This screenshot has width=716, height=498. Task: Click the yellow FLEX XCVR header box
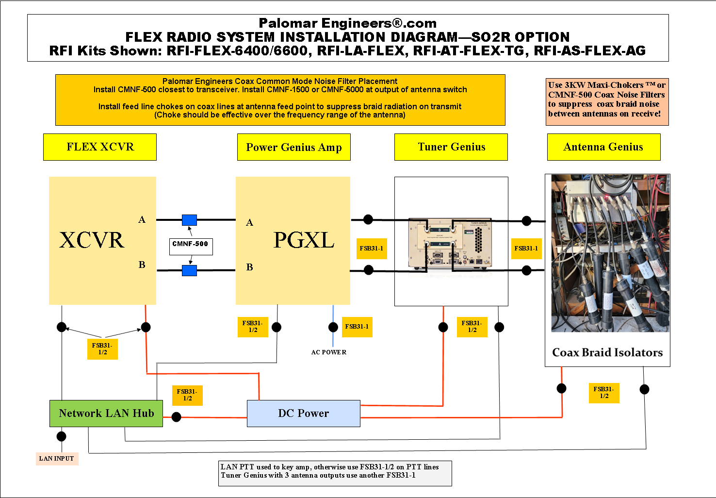click(x=100, y=147)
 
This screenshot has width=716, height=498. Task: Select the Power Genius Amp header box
click(x=293, y=147)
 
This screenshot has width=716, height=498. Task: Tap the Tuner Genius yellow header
click(x=451, y=147)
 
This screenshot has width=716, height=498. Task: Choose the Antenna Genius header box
click(x=603, y=147)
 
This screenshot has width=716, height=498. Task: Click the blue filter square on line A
click(x=189, y=220)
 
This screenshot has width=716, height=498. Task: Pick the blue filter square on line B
click(x=189, y=270)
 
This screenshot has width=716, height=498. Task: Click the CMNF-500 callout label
click(x=191, y=244)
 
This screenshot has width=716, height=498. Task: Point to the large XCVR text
click(x=92, y=240)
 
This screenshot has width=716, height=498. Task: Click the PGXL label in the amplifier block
click(x=304, y=240)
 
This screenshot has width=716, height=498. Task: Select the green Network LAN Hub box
click(x=106, y=414)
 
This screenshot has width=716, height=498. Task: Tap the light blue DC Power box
click(x=304, y=414)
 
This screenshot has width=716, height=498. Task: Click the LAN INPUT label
click(x=57, y=459)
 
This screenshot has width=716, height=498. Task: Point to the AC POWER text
click(x=329, y=352)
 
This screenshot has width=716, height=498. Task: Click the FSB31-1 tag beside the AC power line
click(x=357, y=327)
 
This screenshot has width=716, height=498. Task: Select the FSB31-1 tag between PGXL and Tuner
click(x=372, y=249)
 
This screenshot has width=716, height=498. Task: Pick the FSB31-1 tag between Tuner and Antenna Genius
click(x=526, y=249)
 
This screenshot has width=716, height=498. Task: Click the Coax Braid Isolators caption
click(x=607, y=353)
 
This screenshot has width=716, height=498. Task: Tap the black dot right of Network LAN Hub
click(x=177, y=417)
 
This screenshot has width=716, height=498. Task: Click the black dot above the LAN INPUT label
click(x=62, y=436)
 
